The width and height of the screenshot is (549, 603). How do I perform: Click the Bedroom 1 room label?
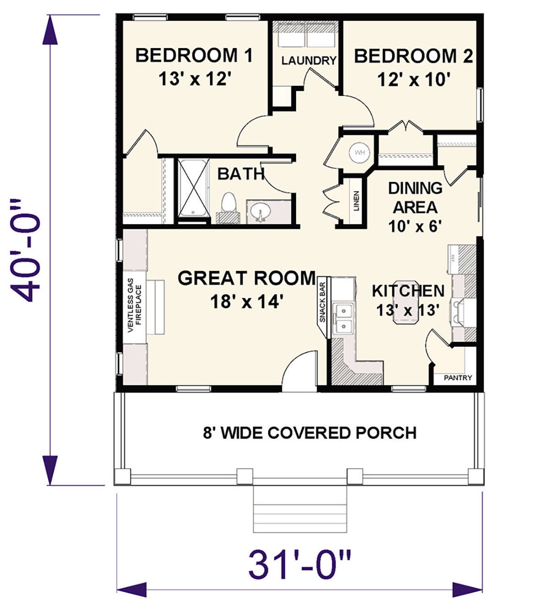tap(194, 56)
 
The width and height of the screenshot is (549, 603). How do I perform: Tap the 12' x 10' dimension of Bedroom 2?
tap(414, 79)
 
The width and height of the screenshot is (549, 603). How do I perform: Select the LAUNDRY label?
tap(308, 60)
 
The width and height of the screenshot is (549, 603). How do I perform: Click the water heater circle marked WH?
tap(360, 153)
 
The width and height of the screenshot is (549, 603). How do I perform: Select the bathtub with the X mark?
tap(193, 187)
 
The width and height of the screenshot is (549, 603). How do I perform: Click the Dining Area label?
tap(415, 197)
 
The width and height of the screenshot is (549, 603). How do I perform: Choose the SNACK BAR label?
tap(323, 302)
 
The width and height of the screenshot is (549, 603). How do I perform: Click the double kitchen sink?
tap(343, 318)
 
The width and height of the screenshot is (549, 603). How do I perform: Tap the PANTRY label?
tap(457, 378)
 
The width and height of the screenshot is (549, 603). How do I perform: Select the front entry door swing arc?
tap(299, 373)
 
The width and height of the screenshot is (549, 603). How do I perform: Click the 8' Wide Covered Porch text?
tap(310, 433)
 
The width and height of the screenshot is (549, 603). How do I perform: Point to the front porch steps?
tap(300, 509)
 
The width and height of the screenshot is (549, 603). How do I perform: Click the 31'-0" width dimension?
tap(300, 565)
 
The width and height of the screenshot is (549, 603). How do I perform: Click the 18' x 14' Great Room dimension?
tap(247, 301)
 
